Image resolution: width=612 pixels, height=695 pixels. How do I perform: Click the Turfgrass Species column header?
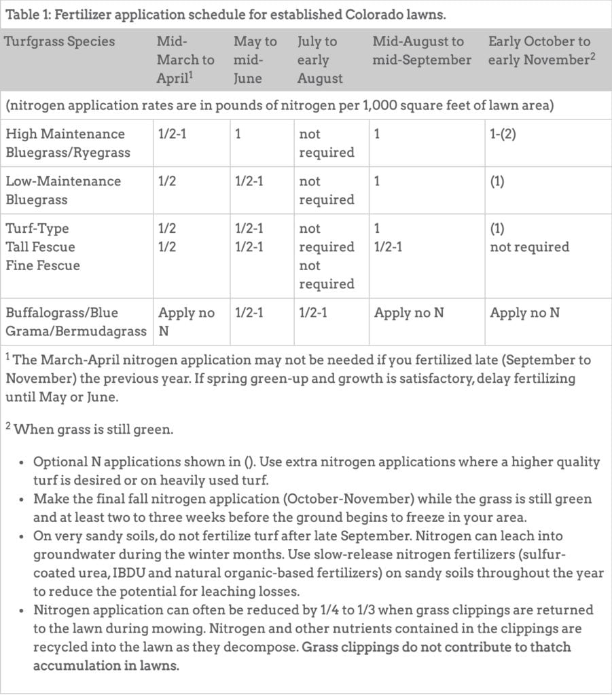point(59,41)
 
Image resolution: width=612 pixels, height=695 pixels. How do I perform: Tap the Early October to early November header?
point(541,51)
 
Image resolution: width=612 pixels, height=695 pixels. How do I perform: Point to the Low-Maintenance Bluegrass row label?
point(62,190)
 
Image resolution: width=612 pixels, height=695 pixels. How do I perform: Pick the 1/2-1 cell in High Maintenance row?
point(173,134)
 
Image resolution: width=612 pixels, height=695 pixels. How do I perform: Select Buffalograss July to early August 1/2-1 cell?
point(313,313)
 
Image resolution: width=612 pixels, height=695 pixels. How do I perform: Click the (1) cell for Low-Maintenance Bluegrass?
point(497,181)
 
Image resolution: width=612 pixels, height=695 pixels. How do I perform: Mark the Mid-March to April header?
point(185,60)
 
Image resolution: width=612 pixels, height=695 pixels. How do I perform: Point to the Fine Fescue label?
point(42,265)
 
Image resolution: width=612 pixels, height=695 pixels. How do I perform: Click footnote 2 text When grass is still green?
point(86,429)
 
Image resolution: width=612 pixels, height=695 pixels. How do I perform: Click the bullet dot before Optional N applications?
point(22,463)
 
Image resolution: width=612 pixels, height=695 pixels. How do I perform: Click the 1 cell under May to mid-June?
point(238,134)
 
